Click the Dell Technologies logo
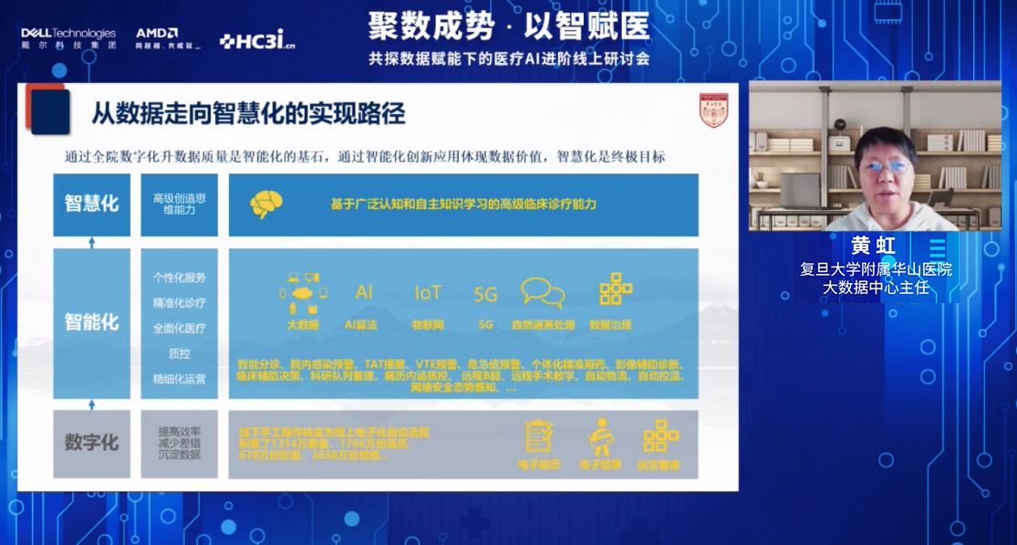pyautogui.click(x=68, y=38)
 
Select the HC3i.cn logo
pyautogui.click(x=257, y=40)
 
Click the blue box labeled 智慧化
pyautogui.click(x=91, y=204)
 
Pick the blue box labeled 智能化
pyautogui.click(x=91, y=322)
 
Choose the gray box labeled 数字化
pyautogui.click(x=91, y=443)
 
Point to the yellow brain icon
pyautogui.click(x=265, y=204)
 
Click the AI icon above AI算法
pyautogui.click(x=364, y=292)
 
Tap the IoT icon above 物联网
pyautogui.click(x=427, y=292)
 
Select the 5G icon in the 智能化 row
pyautogui.click(x=485, y=294)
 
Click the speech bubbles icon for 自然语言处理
pyautogui.click(x=543, y=293)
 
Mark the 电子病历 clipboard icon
pyautogui.click(x=539, y=436)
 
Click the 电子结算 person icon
pyautogui.click(x=599, y=436)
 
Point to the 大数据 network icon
pyautogui.click(x=302, y=291)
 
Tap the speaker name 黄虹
pyautogui.click(x=873, y=246)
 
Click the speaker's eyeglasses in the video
pyautogui.click(x=884, y=167)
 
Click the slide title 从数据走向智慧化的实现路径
pyautogui.click(x=248, y=114)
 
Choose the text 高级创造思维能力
pyautogui.click(x=179, y=204)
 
